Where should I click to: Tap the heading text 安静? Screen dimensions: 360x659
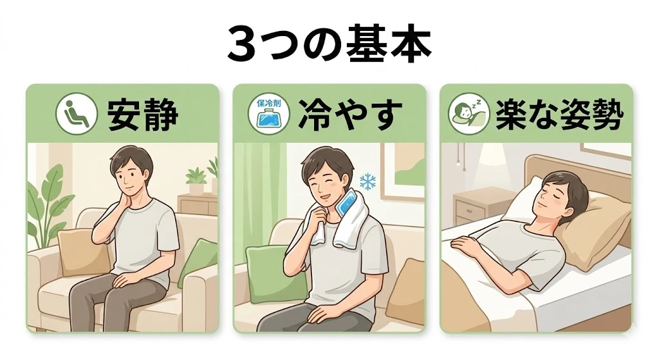tap(143, 115)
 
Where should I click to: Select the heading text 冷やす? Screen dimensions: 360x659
tap(350, 115)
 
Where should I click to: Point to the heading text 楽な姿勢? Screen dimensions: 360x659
tap(559, 115)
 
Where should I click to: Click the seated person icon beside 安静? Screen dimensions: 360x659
tap(75, 115)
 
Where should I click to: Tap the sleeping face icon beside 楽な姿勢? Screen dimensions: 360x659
tap(467, 115)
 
